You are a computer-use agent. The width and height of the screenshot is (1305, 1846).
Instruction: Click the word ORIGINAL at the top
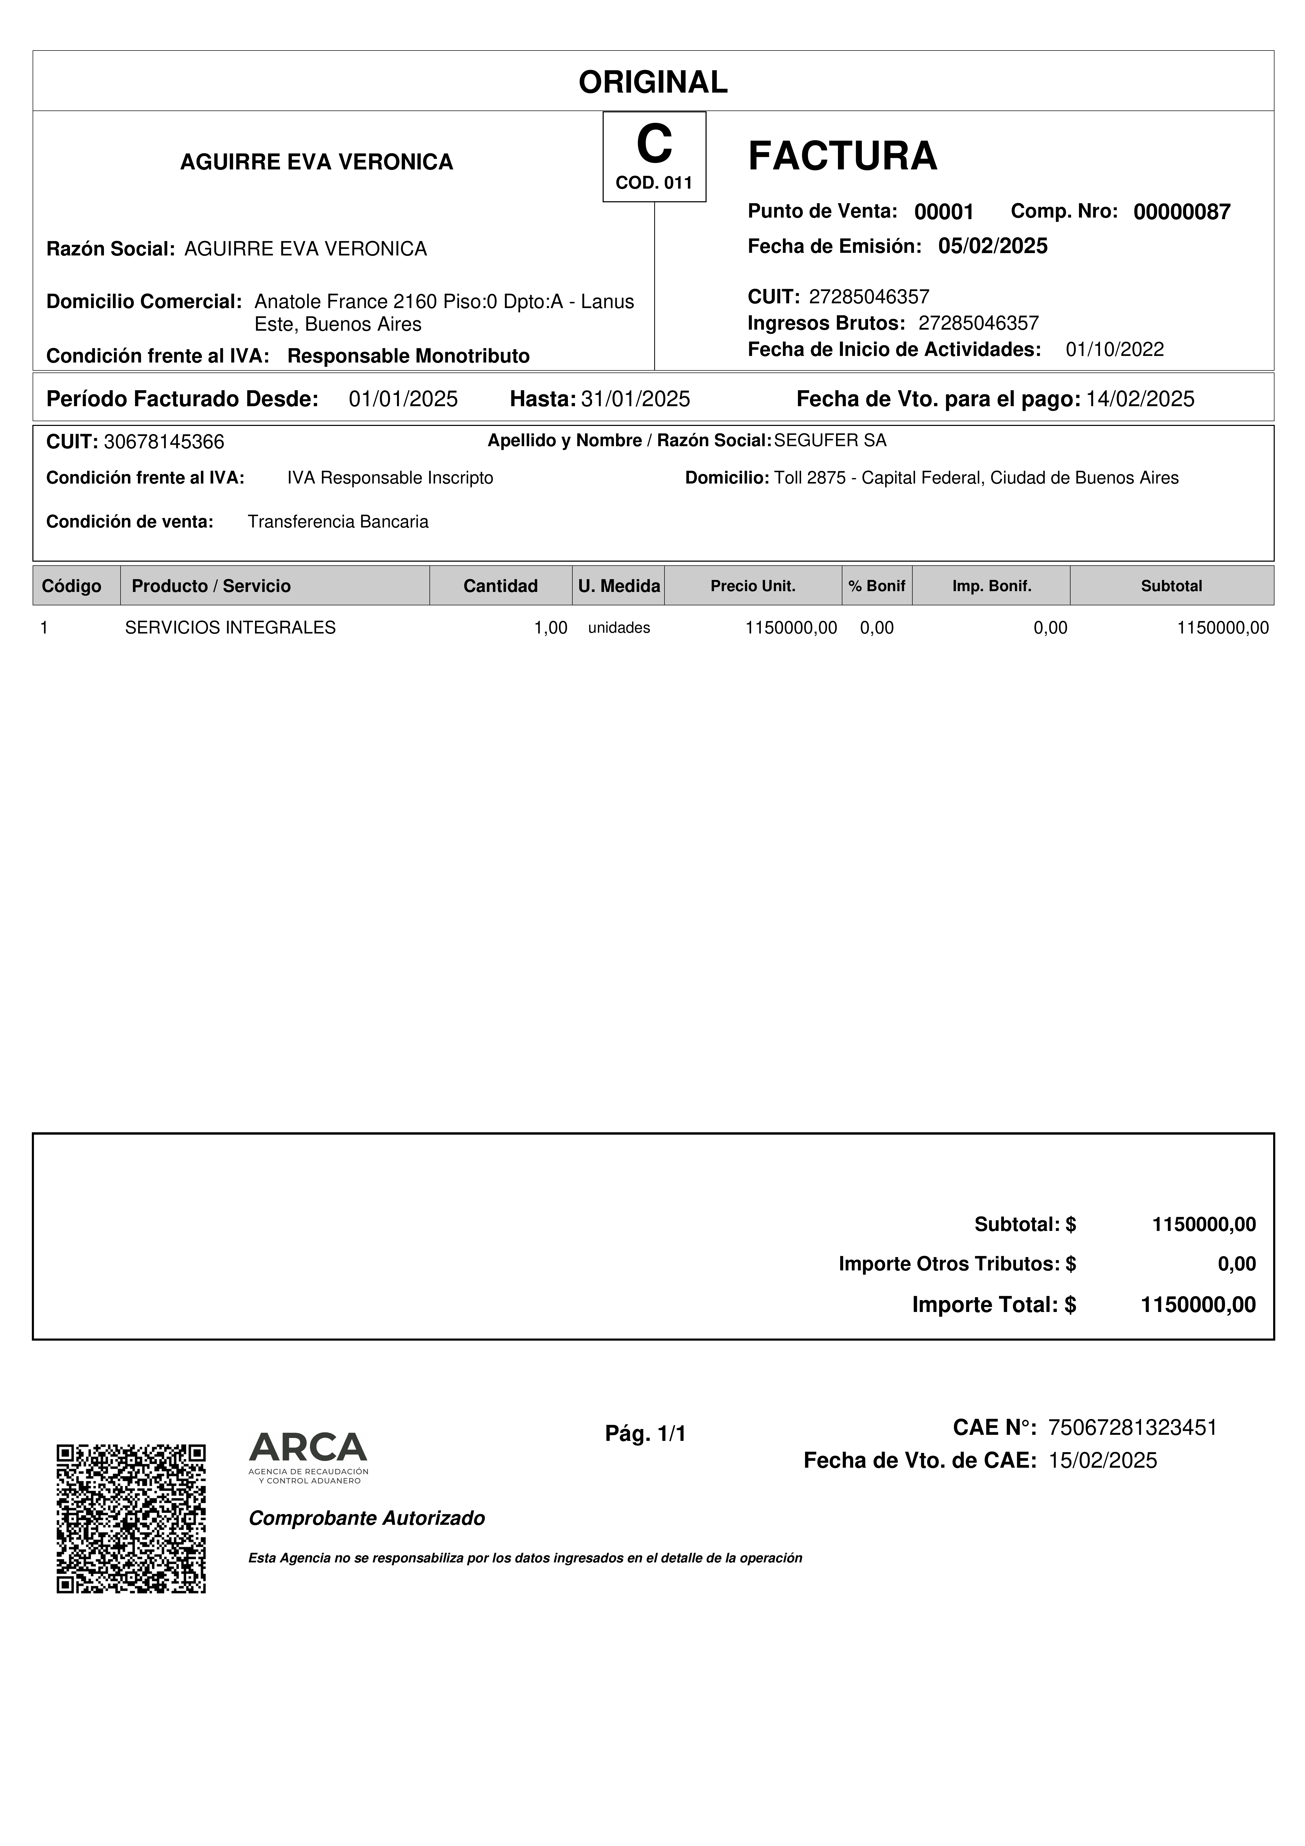pos(653,82)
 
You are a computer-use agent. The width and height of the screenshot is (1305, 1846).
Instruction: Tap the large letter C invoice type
pos(654,145)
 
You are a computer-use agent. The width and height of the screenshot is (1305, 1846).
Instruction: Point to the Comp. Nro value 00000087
pos(1181,212)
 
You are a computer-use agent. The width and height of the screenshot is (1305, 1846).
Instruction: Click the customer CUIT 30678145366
pos(164,442)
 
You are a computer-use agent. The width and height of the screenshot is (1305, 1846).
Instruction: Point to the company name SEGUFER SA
pos(830,441)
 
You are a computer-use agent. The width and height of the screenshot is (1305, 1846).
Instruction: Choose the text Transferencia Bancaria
pos(338,522)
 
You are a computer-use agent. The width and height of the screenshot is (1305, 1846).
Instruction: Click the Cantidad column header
pos(500,586)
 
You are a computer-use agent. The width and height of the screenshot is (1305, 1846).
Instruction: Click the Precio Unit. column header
pos(753,586)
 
